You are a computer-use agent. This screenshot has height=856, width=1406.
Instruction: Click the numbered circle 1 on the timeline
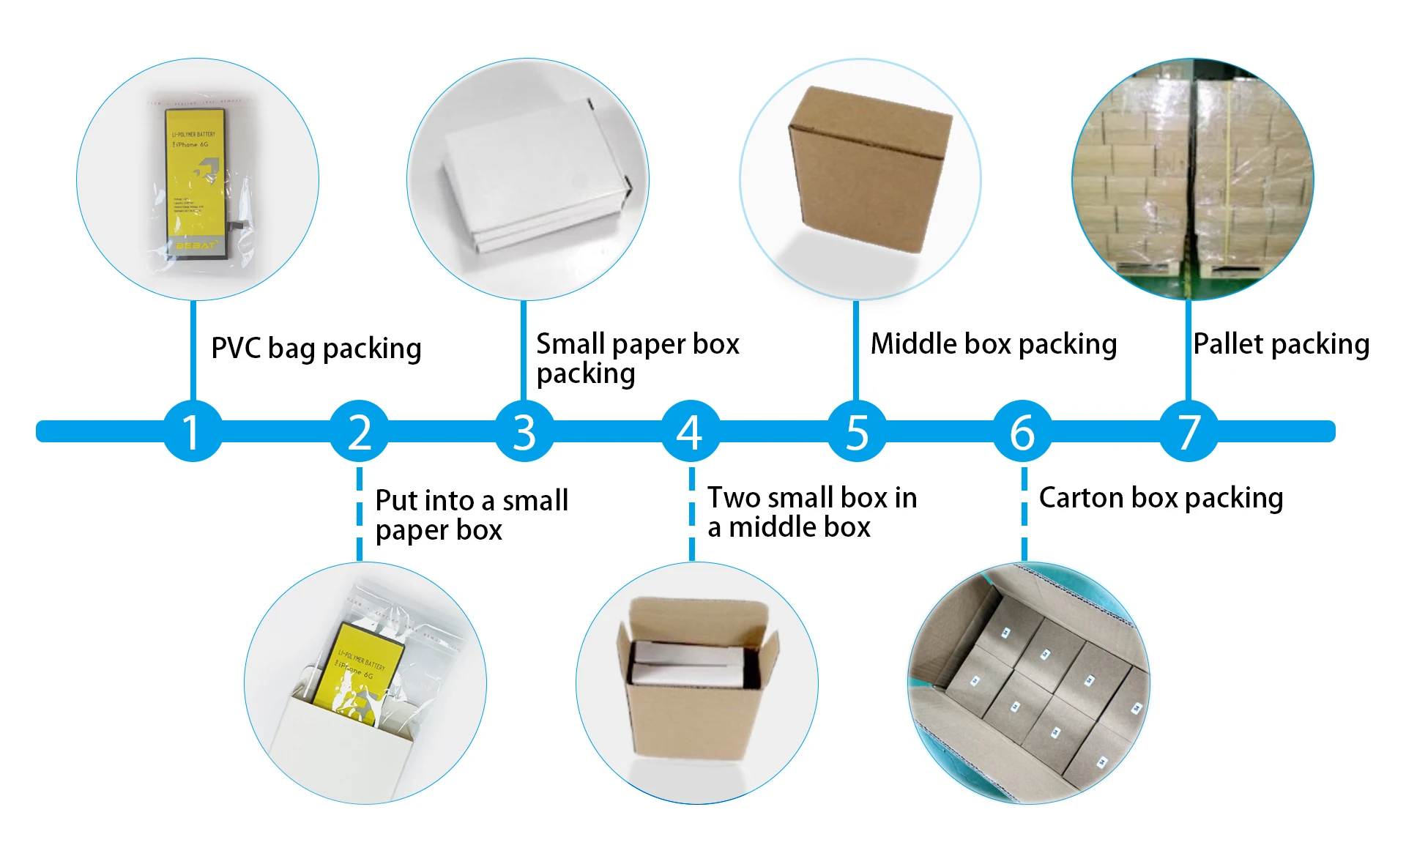192,431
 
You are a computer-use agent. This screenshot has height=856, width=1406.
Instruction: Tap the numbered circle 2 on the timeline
359,431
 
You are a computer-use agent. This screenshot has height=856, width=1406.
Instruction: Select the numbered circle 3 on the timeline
524,431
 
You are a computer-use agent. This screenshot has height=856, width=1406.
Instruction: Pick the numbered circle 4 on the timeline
690,431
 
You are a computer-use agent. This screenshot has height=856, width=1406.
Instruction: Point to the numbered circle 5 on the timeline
857,431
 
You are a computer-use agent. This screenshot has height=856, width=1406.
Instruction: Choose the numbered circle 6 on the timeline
1023,431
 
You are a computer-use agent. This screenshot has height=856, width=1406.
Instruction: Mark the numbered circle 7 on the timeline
1189,431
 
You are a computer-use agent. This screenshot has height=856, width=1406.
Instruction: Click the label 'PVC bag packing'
316,349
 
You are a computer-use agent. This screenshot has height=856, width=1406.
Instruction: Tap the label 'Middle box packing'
993,344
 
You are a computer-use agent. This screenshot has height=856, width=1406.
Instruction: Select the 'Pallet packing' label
1281,344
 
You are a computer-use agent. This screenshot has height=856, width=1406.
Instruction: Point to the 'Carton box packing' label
1161,498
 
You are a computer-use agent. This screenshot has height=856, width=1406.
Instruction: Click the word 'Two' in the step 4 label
732,498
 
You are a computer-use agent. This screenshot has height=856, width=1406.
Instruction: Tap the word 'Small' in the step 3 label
570,344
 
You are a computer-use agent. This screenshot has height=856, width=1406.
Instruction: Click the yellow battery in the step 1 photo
195,179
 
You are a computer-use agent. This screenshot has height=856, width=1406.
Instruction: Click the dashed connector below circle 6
1024,513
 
